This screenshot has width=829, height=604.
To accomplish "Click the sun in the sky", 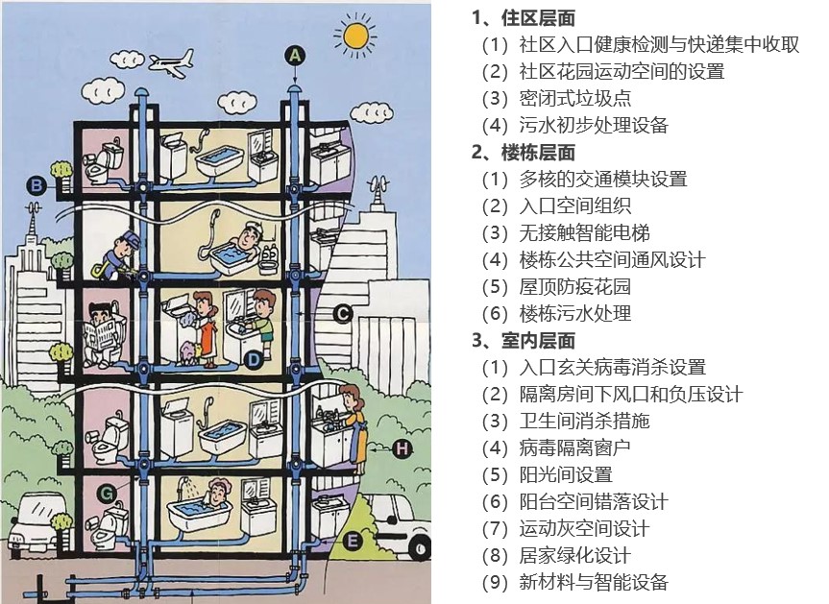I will coord(354,35).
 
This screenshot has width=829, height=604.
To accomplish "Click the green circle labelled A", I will coord(295,55).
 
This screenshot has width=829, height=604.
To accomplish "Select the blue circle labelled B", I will coord(37,185).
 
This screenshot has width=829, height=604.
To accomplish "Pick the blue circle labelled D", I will coord(253,359).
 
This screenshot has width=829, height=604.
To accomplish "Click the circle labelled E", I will coord(353,542).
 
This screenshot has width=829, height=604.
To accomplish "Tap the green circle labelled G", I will coord(107,494).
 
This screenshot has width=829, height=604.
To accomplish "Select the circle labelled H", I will coord(402,447).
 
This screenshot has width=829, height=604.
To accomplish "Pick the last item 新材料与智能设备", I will coord(593,582).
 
